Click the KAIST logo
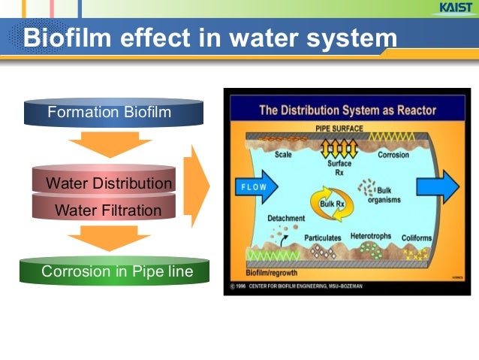[452, 8]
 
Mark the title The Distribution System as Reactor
[346, 110]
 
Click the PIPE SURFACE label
[339, 129]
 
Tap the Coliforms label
[417, 238]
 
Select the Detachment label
[286, 219]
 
